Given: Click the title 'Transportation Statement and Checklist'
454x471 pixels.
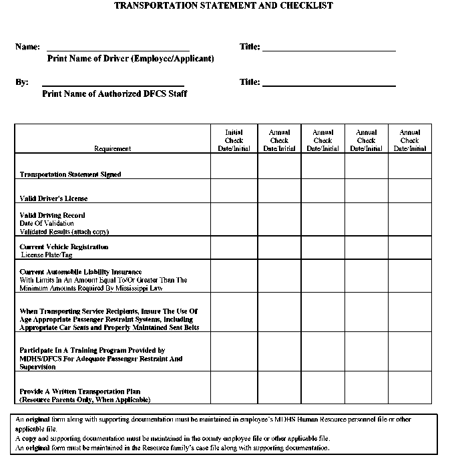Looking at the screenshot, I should (x=223, y=5).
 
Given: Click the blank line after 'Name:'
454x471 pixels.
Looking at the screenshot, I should (x=118, y=48).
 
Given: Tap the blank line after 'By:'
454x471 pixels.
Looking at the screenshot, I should (x=113, y=84).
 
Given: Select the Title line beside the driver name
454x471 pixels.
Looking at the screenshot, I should (x=329, y=48).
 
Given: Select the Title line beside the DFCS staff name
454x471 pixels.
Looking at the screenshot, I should (x=329, y=84).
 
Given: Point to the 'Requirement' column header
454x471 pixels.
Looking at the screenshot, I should (x=112, y=148).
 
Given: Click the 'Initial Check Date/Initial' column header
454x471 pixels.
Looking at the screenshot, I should (x=234, y=140).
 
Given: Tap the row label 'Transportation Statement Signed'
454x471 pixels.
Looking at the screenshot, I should (x=70, y=174).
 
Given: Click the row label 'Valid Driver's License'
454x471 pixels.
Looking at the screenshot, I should (x=53, y=198).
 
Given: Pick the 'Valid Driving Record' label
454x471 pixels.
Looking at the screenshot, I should (x=52, y=215).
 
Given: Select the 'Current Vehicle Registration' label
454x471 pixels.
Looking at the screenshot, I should (x=63, y=247).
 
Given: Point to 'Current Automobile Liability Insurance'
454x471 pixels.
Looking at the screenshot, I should (x=81, y=272).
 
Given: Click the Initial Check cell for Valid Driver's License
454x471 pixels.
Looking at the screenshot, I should (x=234, y=190).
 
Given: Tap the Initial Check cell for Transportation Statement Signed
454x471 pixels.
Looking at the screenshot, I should (x=234, y=166).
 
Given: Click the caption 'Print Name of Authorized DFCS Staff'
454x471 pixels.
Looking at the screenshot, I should (x=114, y=94).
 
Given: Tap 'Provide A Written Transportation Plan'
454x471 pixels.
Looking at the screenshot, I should (x=79, y=391).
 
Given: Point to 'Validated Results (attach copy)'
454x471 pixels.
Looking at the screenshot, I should (x=64, y=231).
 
